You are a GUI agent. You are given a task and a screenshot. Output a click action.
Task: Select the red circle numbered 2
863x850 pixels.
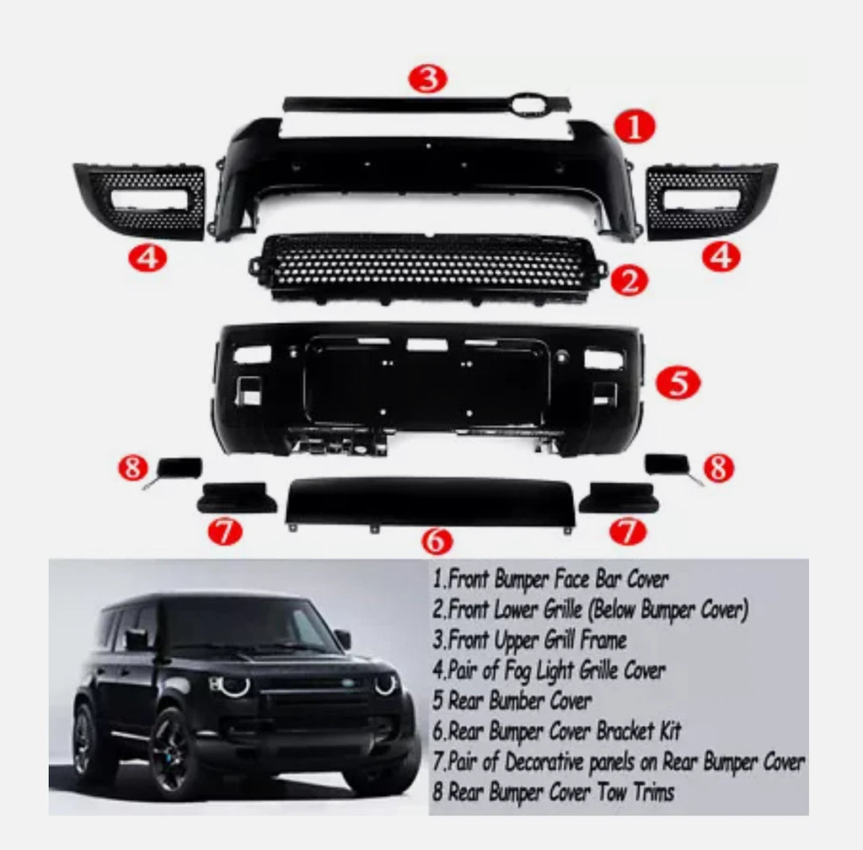coord(629,279)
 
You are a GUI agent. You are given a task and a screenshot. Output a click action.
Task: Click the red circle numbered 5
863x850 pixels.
coord(678,382)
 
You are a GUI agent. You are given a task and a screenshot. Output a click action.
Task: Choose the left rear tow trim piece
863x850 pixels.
coord(180,466)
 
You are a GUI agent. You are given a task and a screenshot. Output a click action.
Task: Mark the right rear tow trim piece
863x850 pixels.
coord(668,464)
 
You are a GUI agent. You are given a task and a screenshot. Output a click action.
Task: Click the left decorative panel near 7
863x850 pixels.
coord(237,498)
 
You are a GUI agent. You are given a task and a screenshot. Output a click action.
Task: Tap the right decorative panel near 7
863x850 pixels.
coord(624,498)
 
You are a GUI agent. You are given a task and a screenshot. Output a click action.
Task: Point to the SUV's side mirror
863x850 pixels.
coord(343,638)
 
